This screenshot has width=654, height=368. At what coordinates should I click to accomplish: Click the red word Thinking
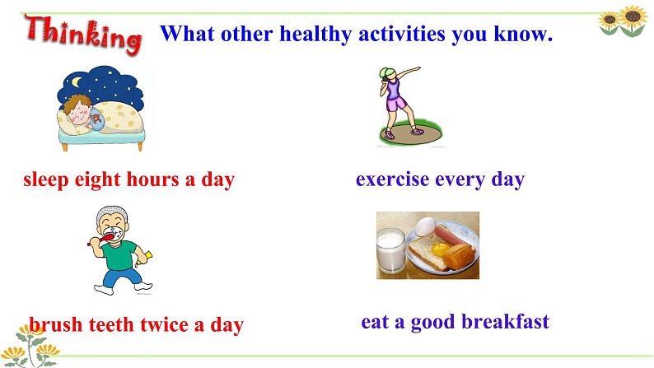coord(83,35)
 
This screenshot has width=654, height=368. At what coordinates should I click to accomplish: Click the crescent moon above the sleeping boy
coord(76,82)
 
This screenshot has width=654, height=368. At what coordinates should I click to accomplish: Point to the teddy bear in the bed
coord(96,120)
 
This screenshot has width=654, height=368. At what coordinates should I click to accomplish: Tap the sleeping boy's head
coord(77,110)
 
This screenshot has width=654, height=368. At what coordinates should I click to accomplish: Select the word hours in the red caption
coord(152,179)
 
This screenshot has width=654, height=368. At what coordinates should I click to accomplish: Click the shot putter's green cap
coord(386,73)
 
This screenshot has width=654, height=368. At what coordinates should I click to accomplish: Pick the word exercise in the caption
coord(393,179)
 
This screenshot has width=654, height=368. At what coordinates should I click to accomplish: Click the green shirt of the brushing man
coord(119,254)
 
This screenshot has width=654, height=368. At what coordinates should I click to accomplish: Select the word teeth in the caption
coord(111,324)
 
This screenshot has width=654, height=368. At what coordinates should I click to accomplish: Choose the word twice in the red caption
coord(164,324)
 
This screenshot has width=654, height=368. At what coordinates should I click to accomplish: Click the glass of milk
coord(390,250)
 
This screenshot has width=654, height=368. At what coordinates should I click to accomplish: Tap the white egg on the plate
coord(424,226)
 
